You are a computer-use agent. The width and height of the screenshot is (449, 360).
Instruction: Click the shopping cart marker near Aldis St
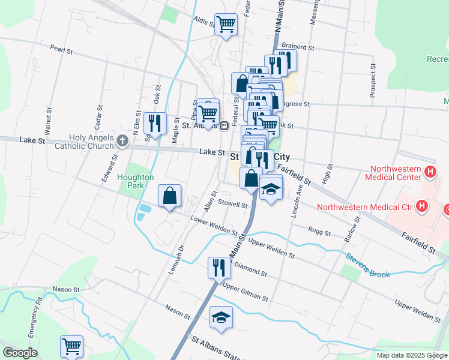(x=226, y=25)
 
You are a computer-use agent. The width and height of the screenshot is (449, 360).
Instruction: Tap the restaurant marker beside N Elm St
(x=155, y=124)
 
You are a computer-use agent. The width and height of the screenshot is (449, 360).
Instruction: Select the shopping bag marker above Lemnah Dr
(x=170, y=196)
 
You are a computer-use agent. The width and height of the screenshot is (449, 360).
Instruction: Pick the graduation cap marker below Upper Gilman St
(x=221, y=318)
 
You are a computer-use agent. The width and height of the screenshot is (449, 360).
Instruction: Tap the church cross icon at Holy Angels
(x=122, y=142)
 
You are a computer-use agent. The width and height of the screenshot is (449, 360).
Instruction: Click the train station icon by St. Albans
(x=223, y=126)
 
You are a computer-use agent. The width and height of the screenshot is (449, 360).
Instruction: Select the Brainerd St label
(x=298, y=47)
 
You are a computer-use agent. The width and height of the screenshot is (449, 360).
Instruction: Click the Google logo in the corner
(x=20, y=353)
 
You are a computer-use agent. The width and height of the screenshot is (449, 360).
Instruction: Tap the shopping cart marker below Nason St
(x=71, y=346)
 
